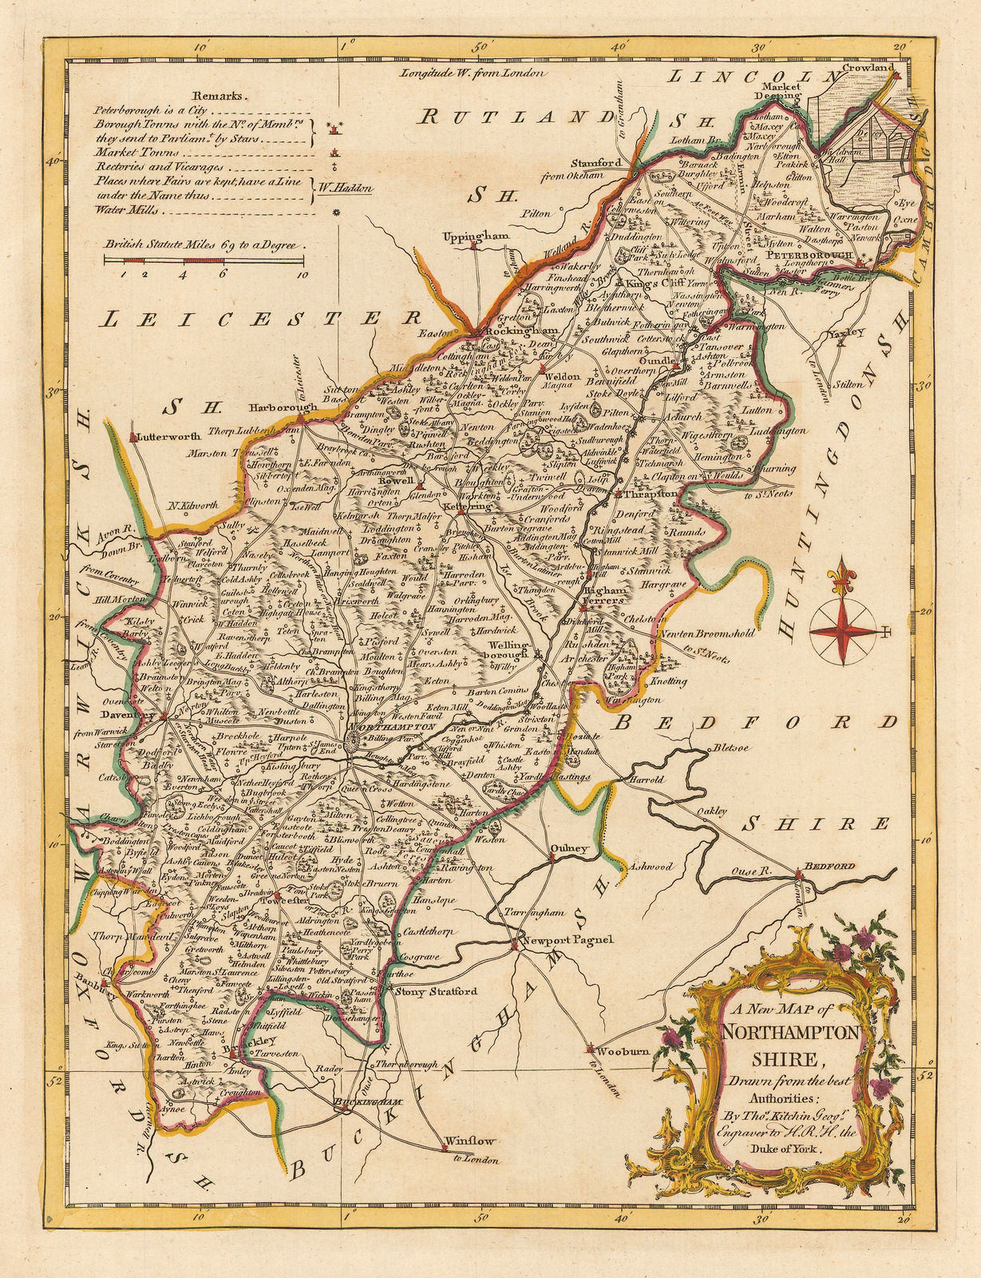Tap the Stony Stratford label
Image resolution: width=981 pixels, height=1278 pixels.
[x=437, y=991]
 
